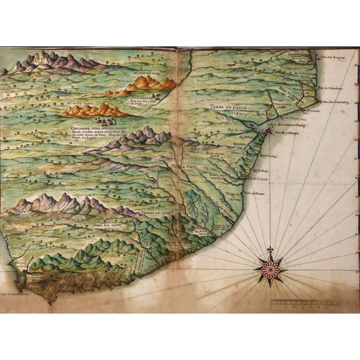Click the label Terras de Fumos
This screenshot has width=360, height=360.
click(x=157, y=213)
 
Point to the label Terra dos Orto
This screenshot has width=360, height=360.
click(x=106, y=224)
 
